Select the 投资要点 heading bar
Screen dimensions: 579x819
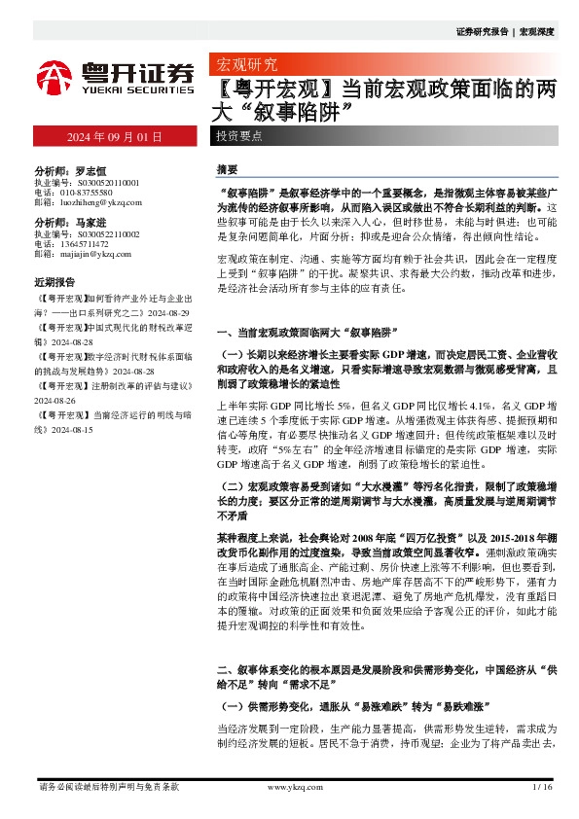click(240, 137)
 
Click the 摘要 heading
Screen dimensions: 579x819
click(226, 168)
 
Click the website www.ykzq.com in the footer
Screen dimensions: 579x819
click(289, 786)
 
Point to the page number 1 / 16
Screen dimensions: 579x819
click(543, 786)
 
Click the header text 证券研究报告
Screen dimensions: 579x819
click(481, 32)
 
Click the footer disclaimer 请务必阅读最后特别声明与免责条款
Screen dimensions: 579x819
click(108, 786)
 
